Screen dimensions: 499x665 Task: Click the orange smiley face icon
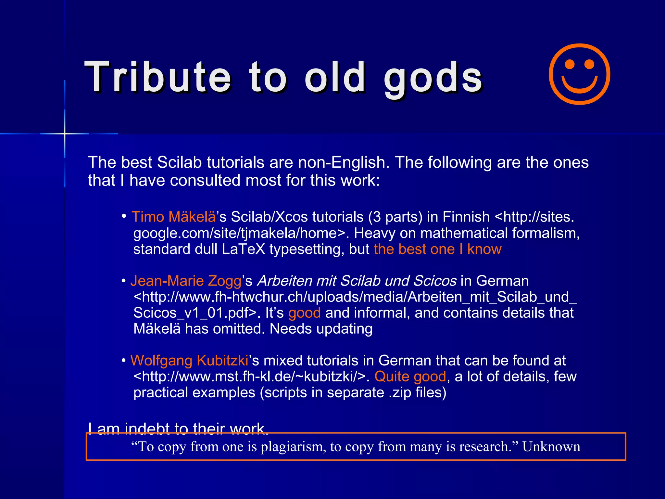tap(579, 74)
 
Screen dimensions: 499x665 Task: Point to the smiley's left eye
tap(570, 64)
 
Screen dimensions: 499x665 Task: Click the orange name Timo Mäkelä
tap(173, 217)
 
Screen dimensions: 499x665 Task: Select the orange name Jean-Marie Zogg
tap(186, 281)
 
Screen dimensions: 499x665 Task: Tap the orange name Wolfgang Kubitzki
tap(189, 361)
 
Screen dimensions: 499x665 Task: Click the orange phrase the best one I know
tap(437, 249)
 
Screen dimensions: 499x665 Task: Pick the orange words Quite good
tap(410, 377)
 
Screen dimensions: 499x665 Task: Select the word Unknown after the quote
tap(551, 447)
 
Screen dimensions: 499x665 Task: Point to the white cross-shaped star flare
tap(65, 133)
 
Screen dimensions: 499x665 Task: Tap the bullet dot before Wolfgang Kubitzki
tap(124, 361)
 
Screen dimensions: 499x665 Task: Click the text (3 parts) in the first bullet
tap(395, 217)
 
